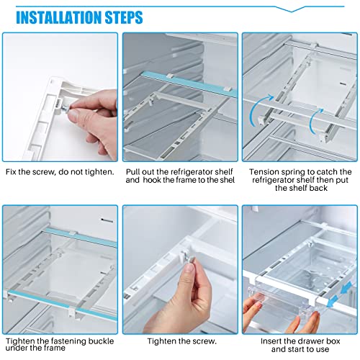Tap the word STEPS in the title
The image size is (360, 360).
121,17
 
